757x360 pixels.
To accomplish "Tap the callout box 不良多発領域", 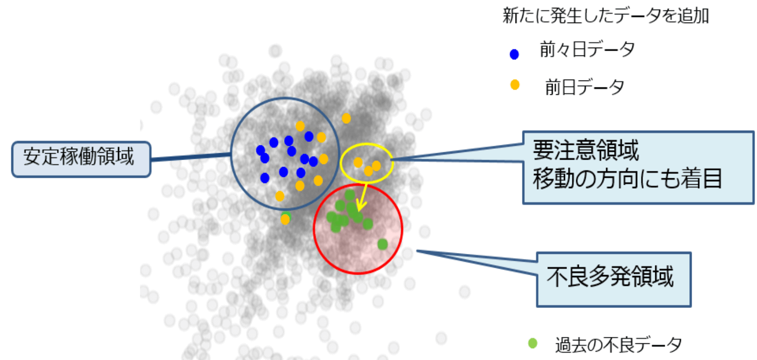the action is click(x=614, y=279).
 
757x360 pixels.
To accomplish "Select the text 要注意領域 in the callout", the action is click(x=586, y=150).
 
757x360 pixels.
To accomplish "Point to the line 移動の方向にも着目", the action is click(x=627, y=178).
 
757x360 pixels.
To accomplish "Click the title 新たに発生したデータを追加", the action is click(x=606, y=16).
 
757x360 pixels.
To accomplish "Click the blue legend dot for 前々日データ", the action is click(x=514, y=54).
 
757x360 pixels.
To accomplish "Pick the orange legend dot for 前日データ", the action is click(x=514, y=84).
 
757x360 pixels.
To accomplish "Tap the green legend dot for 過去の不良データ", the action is click(x=533, y=343).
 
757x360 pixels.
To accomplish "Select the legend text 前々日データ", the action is click(x=587, y=49).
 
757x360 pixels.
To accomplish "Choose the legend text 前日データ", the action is click(x=585, y=87).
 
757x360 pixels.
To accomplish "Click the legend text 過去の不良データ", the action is click(x=619, y=345).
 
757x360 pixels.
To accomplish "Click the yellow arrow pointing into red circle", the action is click(x=363, y=198).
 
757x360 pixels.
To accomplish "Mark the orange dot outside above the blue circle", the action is click(x=346, y=118).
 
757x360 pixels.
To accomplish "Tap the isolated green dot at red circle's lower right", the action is click(x=382, y=244).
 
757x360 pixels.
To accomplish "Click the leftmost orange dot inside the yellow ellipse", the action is click(x=358, y=163).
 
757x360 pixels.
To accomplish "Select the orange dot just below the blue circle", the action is click(x=285, y=220).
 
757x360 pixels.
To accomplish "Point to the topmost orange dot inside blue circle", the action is click(x=300, y=126).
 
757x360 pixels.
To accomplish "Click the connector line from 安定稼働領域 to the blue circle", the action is click(x=190, y=157).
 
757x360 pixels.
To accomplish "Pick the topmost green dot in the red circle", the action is click(x=350, y=195).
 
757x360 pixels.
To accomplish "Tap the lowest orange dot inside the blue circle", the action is click(x=280, y=196).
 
